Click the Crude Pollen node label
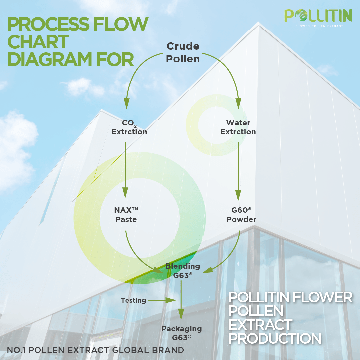pos(183,52)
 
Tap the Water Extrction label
pos(238,127)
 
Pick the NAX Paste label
pos(126,215)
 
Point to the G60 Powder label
pos(241,215)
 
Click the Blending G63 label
pos(183,271)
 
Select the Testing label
pos(133,300)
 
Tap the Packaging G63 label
pos(182,333)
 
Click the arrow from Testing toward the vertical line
pos(162,300)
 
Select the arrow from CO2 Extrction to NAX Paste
pos(125,170)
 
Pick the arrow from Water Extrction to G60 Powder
pos(238,170)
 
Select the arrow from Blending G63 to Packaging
pos(181,300)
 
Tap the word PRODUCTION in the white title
pos(275,338)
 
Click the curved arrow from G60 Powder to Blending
pos(230,257)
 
